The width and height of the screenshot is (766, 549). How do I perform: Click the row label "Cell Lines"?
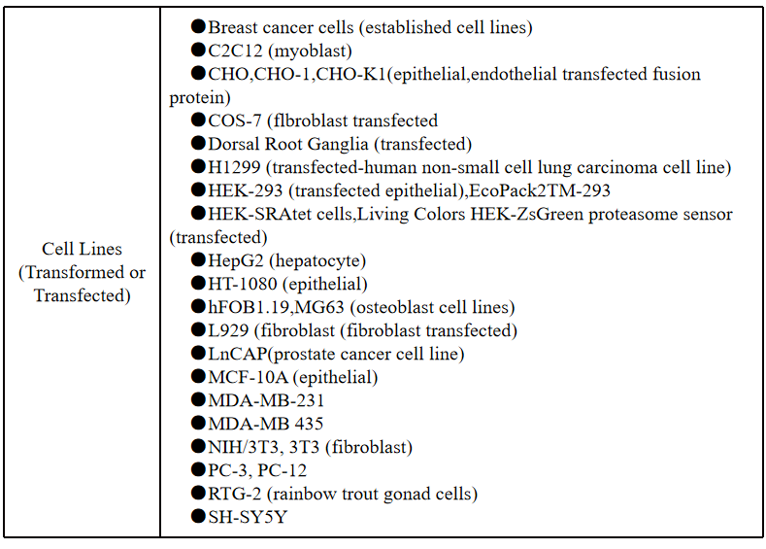tap(82, 249)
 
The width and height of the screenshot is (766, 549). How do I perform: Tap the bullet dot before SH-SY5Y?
tap(198, 516)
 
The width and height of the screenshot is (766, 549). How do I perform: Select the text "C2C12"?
tap(235, 51)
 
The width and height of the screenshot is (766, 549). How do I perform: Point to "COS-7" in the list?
tap(235, 120)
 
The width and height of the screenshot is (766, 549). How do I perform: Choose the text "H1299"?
tap(234, 167)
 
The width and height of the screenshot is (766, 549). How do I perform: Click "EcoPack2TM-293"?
tap(540, 190)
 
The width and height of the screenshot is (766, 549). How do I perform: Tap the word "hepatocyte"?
tap(317, 261)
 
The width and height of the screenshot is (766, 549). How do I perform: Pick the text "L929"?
tap(228, 330)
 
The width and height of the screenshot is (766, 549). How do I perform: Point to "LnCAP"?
tap(238, 354)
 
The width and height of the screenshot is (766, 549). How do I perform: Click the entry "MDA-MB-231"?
tap(266, 401)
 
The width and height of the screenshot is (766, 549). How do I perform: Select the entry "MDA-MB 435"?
tap(265, 424)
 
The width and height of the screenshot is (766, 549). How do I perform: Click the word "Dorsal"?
tap(234, 144)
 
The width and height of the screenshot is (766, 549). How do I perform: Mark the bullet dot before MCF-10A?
tap(198, 376)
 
